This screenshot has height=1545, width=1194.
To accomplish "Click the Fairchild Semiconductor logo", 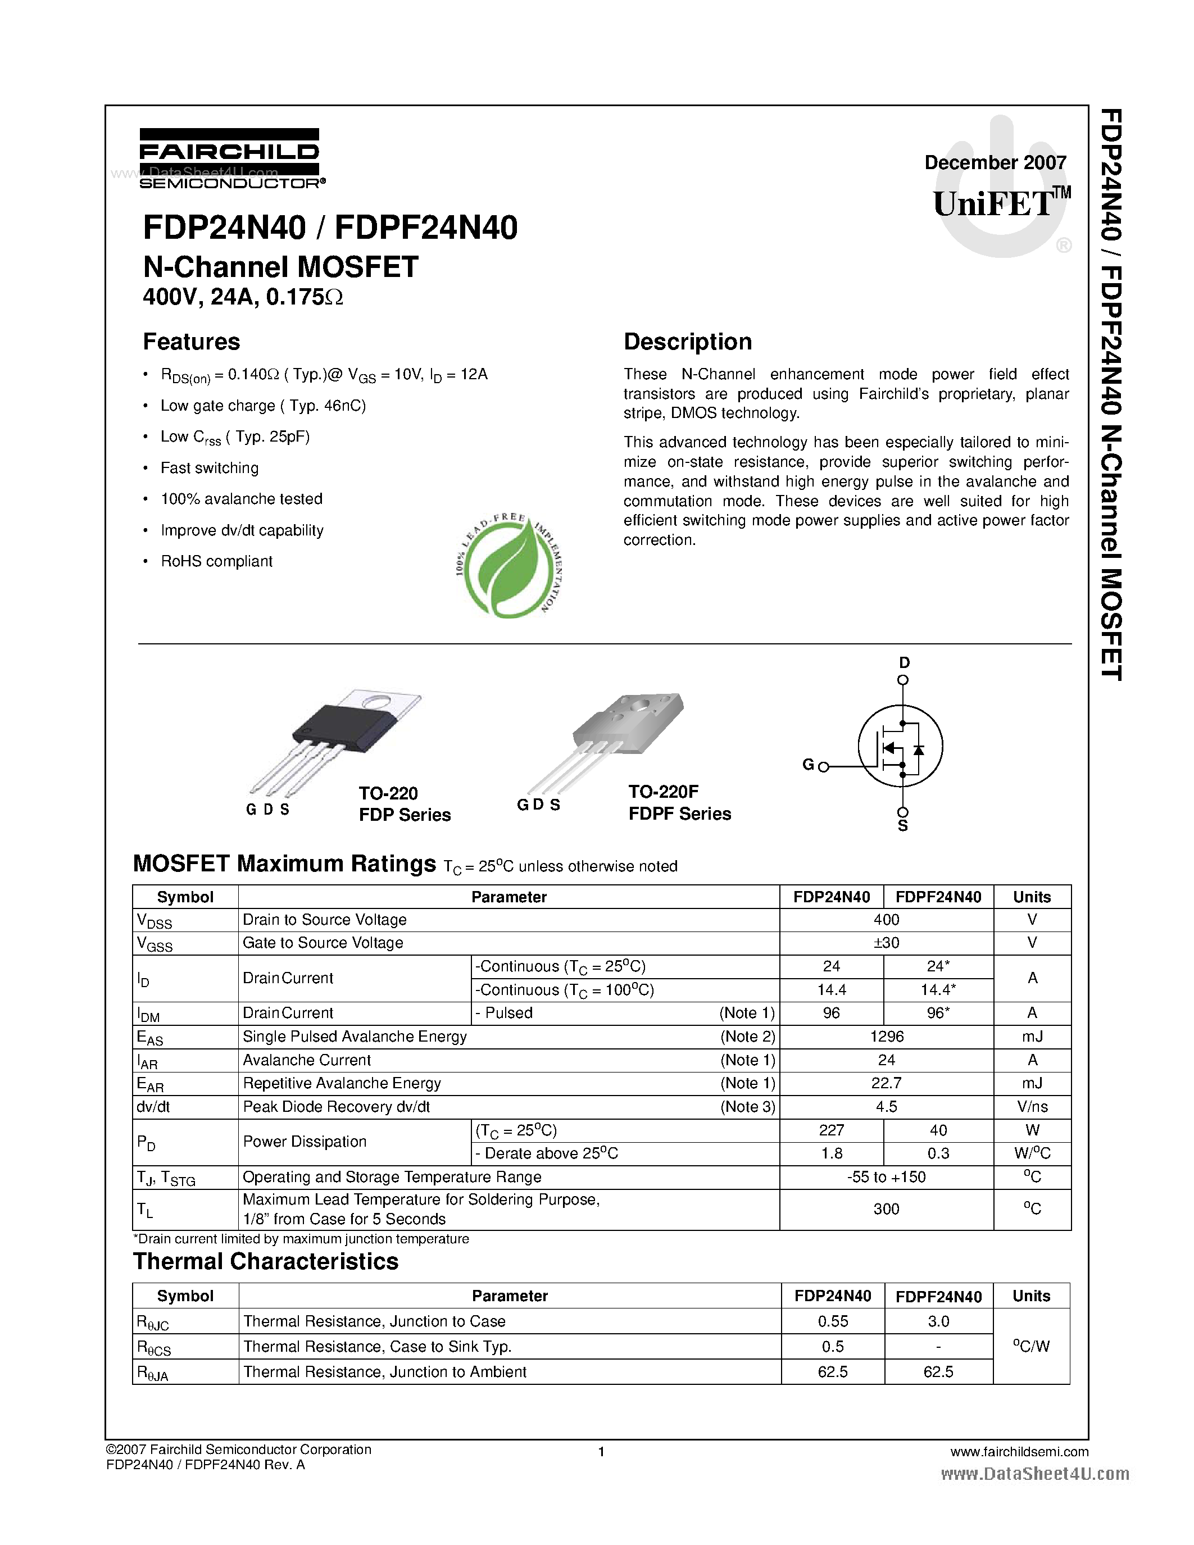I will pos(230,158).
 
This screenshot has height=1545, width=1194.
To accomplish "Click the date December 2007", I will pos(995,163).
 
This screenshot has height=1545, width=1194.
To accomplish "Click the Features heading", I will pos(191,342).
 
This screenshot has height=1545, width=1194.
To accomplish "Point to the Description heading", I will pos(688,342).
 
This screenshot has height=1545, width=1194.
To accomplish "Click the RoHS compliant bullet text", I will pos(216,561).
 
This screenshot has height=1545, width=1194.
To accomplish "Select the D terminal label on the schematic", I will pos(904,663).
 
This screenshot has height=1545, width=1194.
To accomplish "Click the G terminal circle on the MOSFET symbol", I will pos(823,767).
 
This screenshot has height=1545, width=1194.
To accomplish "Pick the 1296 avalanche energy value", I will pos(886,1037).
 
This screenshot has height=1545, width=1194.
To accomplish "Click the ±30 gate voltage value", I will pos(886,942).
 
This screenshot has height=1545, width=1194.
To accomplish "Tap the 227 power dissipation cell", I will pos(831,1130).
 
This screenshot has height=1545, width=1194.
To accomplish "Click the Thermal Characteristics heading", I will pos(266,1261).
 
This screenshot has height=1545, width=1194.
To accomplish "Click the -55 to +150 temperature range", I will pos(886,1176).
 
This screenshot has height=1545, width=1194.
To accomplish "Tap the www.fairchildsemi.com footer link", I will pos(1019,1452).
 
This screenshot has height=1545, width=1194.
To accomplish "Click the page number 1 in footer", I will pos(601,1452).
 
